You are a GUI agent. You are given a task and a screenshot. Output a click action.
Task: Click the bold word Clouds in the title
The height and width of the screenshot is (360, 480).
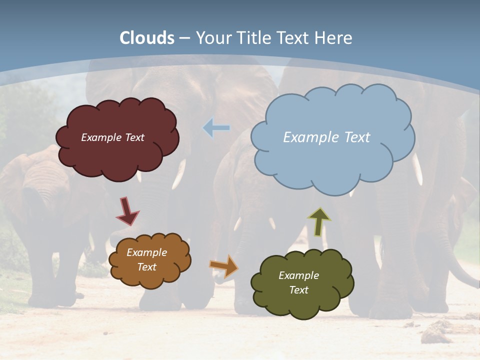[147, 38]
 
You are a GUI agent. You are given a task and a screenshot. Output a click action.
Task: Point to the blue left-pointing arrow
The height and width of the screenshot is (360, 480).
[216, 128]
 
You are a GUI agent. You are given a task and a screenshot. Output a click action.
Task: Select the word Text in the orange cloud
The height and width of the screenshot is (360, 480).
[146, 267]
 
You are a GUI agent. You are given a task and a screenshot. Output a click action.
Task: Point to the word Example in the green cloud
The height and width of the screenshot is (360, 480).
[298, 275]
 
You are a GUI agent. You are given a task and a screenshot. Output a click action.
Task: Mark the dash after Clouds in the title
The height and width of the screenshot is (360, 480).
[184, 38]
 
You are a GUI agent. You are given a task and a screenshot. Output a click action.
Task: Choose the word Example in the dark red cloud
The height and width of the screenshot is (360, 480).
[100, 137]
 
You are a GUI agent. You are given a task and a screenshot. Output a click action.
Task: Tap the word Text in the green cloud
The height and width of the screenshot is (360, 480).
[298, 290]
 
